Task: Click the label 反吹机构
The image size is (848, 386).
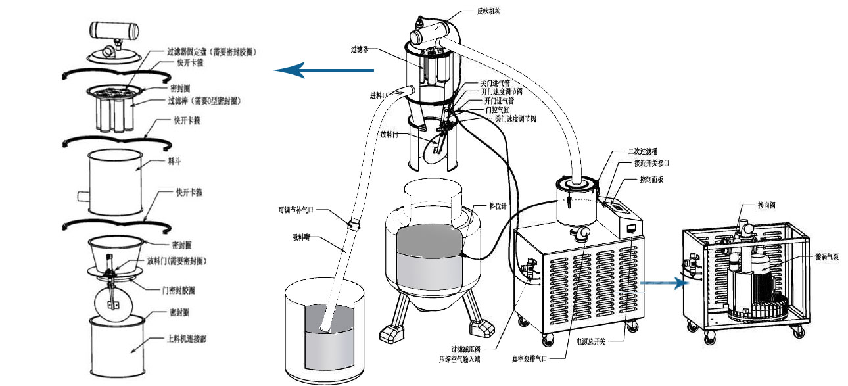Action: (490, 11)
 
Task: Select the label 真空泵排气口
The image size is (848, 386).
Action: (530, 358)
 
